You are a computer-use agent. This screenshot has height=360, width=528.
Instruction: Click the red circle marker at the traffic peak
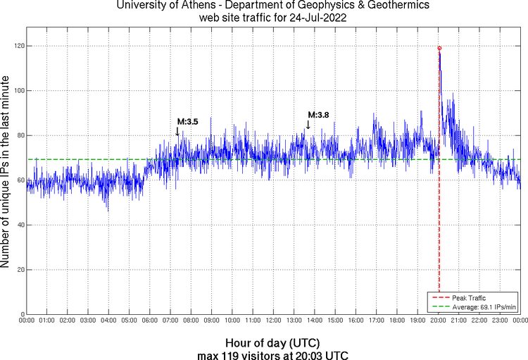[439, 48]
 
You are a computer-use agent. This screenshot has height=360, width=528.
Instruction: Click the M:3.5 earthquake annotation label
[187, 122]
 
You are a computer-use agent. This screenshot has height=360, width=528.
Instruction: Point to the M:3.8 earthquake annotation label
[318, 115]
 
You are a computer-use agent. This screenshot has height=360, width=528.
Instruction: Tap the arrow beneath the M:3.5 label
[177, 130]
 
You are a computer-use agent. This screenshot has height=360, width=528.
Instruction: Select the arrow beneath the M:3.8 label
[308, 125]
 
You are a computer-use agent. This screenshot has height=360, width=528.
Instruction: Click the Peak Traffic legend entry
[468, 298]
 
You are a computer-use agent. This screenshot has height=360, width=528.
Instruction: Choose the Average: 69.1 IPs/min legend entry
[484, 307]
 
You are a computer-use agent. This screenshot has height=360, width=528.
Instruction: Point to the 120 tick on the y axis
[18, 46]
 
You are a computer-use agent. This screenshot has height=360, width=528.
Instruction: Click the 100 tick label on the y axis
[18, 91]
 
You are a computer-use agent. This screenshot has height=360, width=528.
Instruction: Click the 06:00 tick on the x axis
[150, 321]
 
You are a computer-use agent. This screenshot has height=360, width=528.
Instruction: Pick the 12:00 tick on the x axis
[274, 321]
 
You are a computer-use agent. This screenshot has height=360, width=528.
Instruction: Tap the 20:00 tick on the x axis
[439, 321]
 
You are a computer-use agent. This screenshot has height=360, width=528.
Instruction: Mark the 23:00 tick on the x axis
[500, 321]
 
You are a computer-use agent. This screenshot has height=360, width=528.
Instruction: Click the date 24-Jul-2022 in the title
[313, 18]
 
